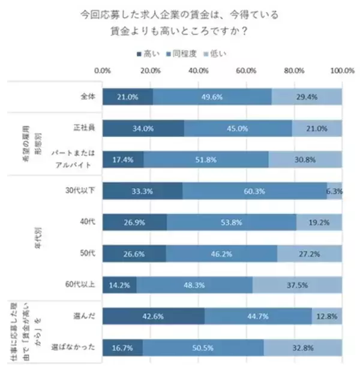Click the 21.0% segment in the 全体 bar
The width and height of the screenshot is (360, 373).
pos(128,97)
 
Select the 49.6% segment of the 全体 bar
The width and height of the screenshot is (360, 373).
pos(217,97)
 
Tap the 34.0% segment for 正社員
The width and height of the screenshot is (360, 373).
pos(143,128)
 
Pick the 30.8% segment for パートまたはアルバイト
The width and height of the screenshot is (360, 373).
pos(305,160)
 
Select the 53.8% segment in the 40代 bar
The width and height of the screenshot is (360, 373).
pos(232,222)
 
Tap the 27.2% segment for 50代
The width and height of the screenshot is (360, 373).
pos(310,254)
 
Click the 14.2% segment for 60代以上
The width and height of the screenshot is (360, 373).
pos(119,285)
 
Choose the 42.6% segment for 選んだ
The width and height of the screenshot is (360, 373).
pos(154,316)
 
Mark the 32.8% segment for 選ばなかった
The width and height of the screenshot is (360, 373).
pos(303,347)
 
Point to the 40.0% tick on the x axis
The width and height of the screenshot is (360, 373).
pos(199,70)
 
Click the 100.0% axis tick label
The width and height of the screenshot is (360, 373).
pos(343,70)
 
